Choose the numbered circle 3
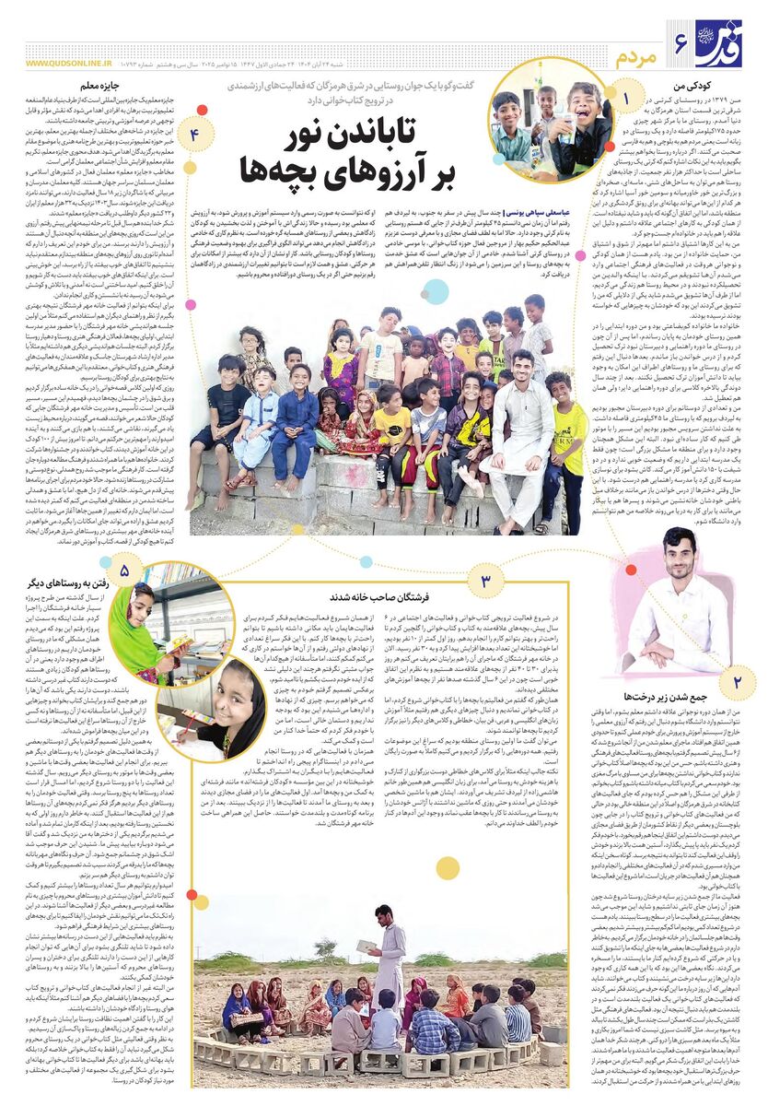(x=486, y=581)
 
